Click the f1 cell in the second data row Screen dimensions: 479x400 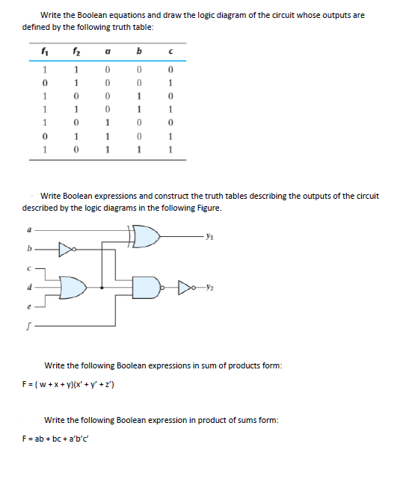(44, 82)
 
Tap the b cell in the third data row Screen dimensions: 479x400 (140, 96)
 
